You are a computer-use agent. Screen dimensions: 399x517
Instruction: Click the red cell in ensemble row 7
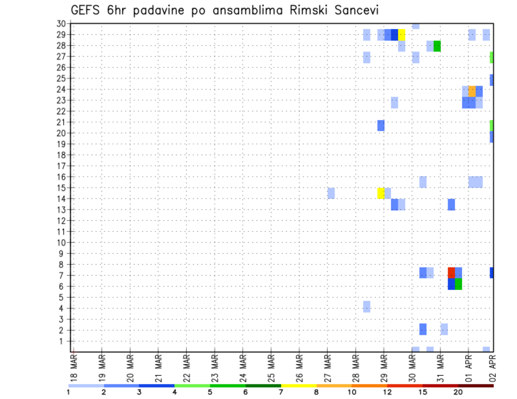(451, 273)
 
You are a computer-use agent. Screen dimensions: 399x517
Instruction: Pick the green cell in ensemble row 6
(458, 284)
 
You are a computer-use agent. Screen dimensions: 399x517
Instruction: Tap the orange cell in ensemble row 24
(472, 91)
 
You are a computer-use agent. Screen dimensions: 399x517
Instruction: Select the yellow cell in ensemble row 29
(402, 34)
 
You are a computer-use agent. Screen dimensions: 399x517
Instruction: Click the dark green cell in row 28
(437, 46)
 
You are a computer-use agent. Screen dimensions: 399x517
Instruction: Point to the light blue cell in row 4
(367, 307)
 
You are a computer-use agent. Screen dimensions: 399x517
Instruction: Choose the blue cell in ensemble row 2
(423, 329)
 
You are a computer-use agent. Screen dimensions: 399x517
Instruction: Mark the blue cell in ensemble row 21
(381, 125)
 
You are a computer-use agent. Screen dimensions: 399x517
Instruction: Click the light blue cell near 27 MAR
(331, 193)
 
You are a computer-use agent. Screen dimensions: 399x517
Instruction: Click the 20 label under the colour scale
(458, 392)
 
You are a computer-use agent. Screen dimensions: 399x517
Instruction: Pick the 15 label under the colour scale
(423, 392)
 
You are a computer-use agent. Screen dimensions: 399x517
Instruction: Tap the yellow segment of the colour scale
(299, 386)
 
